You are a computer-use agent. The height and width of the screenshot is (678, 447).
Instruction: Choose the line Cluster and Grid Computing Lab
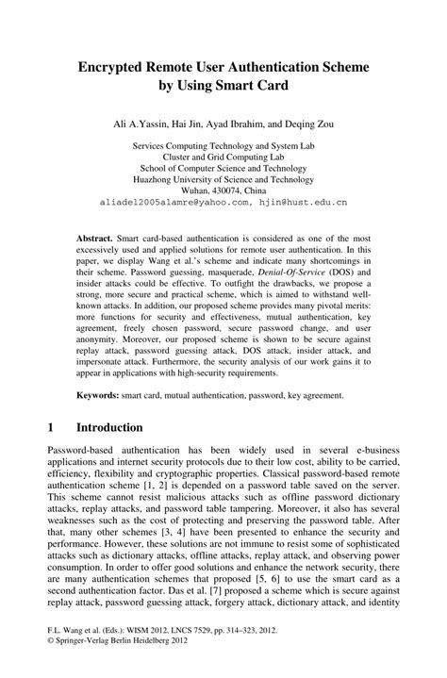pyautogui.click(x=223, y=157)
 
